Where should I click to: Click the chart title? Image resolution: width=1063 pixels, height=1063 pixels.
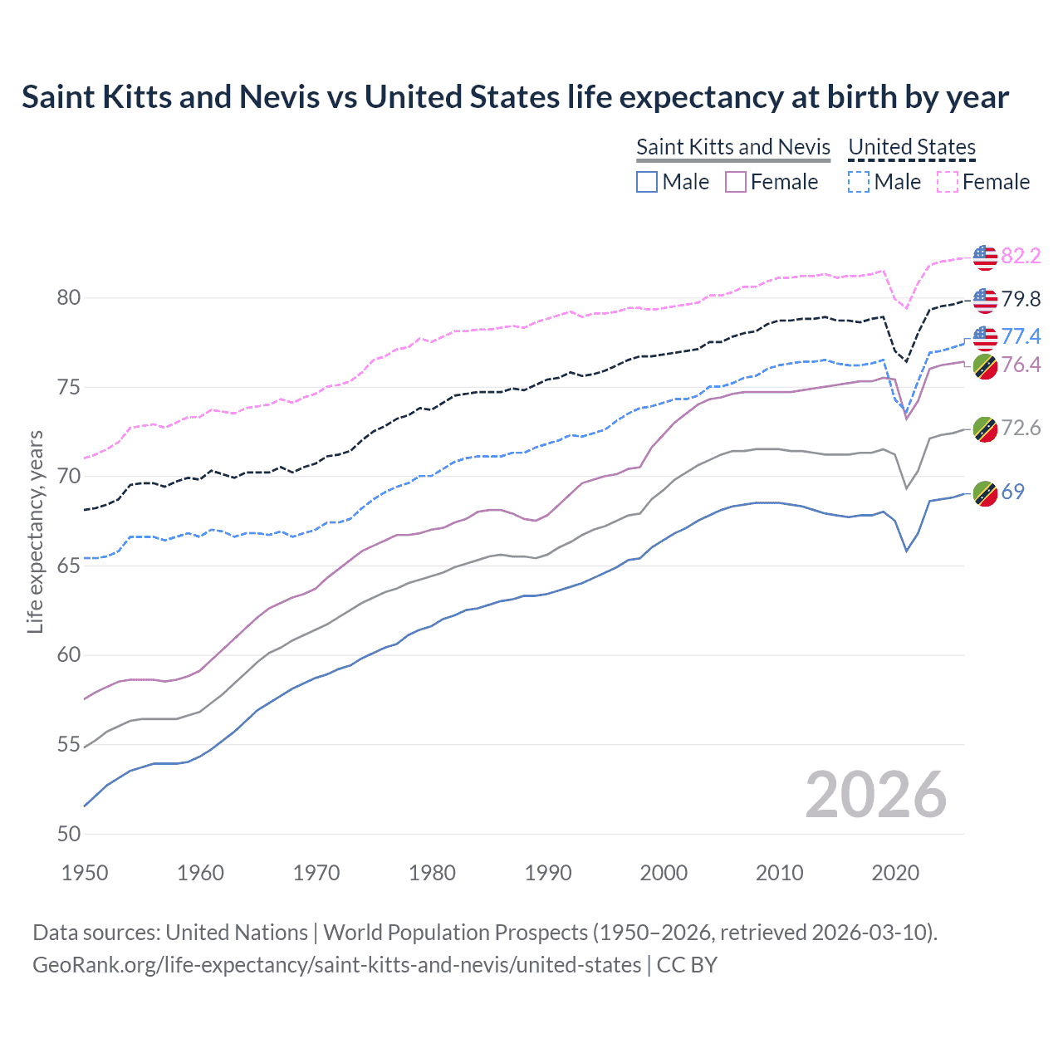[x=515, y=97]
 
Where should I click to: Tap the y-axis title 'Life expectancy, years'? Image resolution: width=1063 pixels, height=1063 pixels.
[x=35, y=531]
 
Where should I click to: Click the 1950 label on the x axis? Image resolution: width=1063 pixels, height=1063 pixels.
[x=85, y=873]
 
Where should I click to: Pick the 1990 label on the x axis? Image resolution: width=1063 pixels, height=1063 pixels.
[x=548, y=873]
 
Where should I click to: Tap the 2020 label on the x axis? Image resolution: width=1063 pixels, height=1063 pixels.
[x=895, y=873]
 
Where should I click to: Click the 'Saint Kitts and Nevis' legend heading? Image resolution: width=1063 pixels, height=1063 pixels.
[x=732, y=147]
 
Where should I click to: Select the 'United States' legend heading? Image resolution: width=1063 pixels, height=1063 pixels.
[x=911, y=147]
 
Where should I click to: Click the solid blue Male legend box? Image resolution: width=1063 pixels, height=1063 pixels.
[x=647, y=182]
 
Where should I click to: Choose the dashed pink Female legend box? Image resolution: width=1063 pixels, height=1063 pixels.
[x=948, y=182]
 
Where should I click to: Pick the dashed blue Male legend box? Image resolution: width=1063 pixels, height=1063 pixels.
[x=859, y=182]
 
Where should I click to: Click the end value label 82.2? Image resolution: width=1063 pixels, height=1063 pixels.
[x=1021, y=256]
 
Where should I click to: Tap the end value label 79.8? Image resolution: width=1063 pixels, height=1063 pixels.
[x=1021, y=299]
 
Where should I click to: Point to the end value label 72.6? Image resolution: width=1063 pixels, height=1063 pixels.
[x=1021, y=428]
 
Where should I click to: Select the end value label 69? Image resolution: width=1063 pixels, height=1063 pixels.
[x=1012, y=492]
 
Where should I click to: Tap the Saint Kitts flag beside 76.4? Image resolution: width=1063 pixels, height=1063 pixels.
[x=985, y=366]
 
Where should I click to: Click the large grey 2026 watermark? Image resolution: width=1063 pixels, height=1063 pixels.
[x=875, y=795]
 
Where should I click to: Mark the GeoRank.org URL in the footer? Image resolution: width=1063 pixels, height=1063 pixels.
[x=336, y=965]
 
